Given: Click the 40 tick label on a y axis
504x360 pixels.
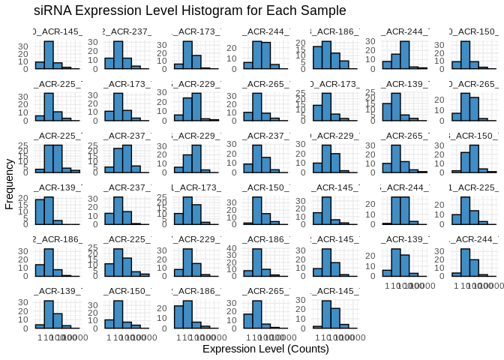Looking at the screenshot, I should click(x=235, y=248).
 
